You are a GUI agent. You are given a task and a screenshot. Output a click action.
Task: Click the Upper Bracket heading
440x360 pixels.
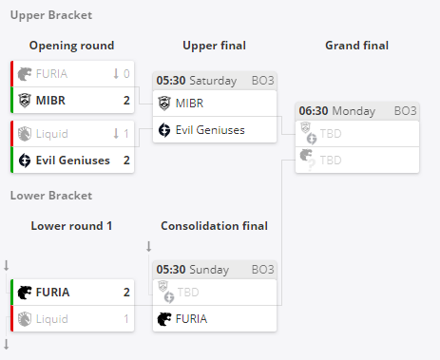click(51, 15)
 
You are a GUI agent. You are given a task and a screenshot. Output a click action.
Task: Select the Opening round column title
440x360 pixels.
click(71, 46)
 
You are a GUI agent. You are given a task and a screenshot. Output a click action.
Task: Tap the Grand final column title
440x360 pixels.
click(357, 46)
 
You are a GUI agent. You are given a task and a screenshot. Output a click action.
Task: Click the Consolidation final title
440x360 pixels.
click(215, 226)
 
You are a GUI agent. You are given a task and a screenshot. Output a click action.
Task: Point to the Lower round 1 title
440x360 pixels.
click(71, 226)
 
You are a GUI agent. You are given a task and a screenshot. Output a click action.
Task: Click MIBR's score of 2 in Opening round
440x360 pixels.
click(126, 101)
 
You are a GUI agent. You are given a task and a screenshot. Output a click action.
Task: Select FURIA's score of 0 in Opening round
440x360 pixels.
click(126, 74)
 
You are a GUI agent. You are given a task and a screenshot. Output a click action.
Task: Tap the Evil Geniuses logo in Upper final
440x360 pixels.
click(164, 130)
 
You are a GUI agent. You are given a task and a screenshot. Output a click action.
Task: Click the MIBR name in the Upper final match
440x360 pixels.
click(189, 104)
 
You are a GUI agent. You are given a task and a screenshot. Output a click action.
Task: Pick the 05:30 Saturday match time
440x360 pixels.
click(197, 81)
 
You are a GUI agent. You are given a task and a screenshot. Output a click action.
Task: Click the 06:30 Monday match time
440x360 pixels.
click(337, 111)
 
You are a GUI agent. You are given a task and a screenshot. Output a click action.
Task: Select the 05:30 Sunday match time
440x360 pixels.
click(193, 270)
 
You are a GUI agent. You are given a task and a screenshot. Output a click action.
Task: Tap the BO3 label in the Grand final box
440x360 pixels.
click(405, 111)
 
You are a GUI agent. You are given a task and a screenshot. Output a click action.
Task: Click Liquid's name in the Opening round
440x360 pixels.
click(52, 134)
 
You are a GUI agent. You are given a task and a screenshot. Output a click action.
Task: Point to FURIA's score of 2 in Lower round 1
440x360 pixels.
click(126, 293)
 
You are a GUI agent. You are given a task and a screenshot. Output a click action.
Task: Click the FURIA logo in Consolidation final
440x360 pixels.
click(164, 319)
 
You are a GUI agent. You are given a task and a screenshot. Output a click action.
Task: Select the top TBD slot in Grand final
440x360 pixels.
click(331, 134)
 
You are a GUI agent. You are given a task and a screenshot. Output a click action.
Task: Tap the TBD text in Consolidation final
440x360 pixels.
click(188, 293)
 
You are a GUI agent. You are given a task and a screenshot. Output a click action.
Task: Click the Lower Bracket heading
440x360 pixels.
click(51, 196)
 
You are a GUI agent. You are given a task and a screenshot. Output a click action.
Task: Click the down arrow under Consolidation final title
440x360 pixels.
click(149, 246)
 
